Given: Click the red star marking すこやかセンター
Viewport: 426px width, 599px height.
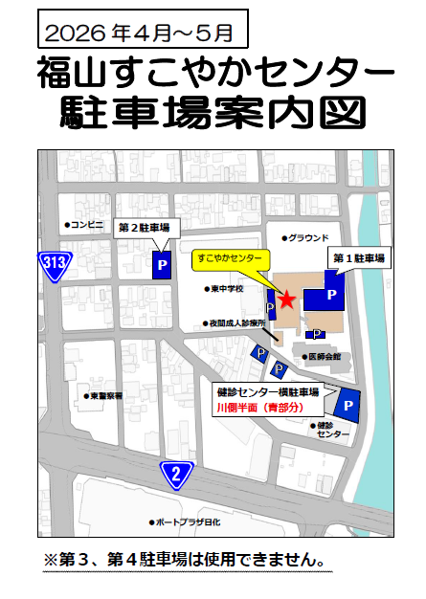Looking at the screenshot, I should click(x=287, y=299).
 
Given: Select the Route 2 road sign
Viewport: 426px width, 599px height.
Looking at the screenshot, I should click(x=176, y=473).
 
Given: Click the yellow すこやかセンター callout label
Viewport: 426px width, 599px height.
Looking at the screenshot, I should click(x=230, y=258).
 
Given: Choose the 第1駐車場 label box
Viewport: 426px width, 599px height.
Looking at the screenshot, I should click(x=358, y=258).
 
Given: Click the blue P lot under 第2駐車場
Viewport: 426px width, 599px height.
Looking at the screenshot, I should click(x=162, y=264).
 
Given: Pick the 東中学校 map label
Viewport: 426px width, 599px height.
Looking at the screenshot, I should click(x=226, y=288).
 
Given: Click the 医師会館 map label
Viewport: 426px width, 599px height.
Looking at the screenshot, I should click(x=322, y=357).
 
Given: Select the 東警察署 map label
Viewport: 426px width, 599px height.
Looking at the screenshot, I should click(x=102, y=395).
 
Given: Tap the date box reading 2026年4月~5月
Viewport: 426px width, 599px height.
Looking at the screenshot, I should click(x=143, y=31).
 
